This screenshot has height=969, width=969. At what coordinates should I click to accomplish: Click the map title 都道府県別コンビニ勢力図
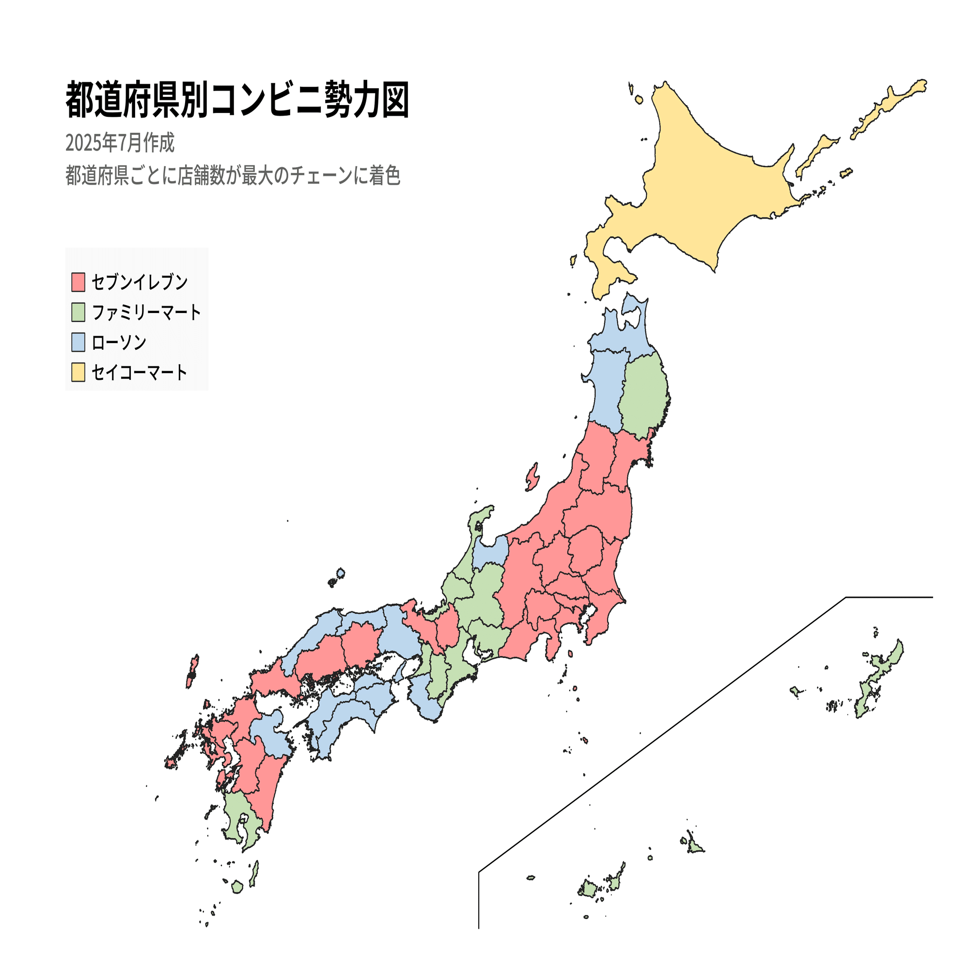pos(238,100)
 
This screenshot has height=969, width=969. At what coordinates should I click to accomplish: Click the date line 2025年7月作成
pos(120,143)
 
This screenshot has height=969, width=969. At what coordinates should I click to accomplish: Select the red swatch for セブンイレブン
pos(78,282)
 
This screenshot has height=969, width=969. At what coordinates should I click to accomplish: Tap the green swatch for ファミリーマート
pos(78,312)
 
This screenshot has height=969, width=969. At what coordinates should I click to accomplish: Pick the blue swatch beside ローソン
pos(78,342)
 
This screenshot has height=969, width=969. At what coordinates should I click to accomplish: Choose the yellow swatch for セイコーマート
pos(78,372)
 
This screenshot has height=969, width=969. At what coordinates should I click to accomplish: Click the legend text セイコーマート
pos(140,372)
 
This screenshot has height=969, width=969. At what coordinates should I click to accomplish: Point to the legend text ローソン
pos(119,343)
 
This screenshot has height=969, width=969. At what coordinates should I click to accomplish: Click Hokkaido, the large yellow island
pos(712,190)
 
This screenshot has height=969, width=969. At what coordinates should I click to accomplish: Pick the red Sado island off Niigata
pos(532,476)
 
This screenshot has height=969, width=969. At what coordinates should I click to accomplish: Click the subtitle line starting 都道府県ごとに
pos(233,175)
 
